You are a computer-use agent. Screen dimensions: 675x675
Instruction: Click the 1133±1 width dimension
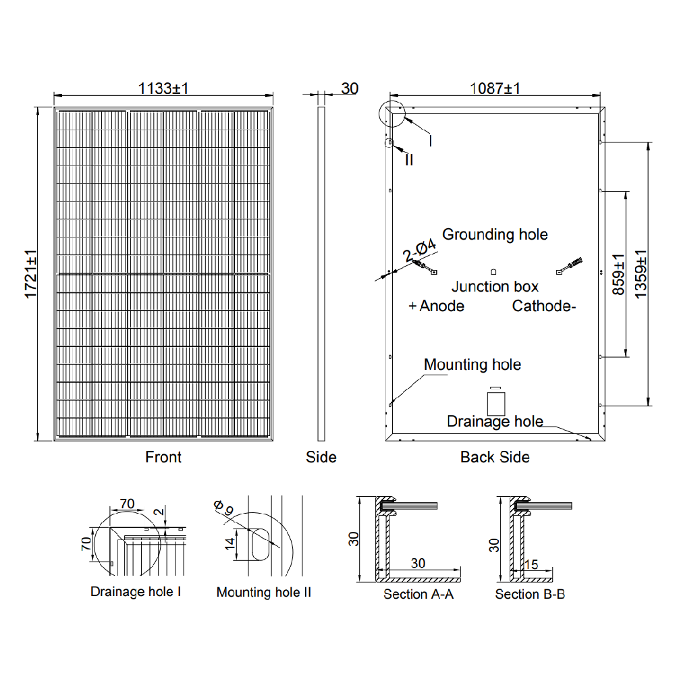pyautogui.click(x=163, y=88)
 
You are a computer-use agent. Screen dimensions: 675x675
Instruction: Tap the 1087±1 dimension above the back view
pyautogui.click(x=495, y=88)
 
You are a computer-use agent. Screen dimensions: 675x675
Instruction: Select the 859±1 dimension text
pyautogui.click(x=618, y=275)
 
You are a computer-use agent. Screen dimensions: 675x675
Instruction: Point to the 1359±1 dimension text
pyautogui.click(x=641, y=275)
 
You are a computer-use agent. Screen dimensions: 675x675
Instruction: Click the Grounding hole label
pyautogui.click(x=495, y=234)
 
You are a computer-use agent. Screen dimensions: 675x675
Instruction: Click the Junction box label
pyautogui.click(x=495, y=287)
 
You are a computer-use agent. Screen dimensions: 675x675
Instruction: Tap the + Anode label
pyautogui.click(x=437, y=306)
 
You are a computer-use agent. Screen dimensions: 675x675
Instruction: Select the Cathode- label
pyautogui.click(x=544, y=306)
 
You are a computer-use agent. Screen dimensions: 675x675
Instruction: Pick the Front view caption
pyautogui.click(x=163, y=457)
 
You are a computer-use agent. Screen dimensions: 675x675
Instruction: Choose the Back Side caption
pyautogui.click(x=495, y=457)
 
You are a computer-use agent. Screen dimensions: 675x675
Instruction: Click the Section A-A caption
pyautogui.click(x=418, y=594)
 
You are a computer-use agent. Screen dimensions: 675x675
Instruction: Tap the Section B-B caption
pyautogui.click(x=530, y=594)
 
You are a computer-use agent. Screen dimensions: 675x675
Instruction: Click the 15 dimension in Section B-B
pyautogui.click(x=532, y=564)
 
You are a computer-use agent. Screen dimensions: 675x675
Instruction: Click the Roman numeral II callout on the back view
pyautogui.click(x=409, y=160)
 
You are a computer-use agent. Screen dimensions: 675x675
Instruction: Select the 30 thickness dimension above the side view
pyautogui.click(x=350, y=88)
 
